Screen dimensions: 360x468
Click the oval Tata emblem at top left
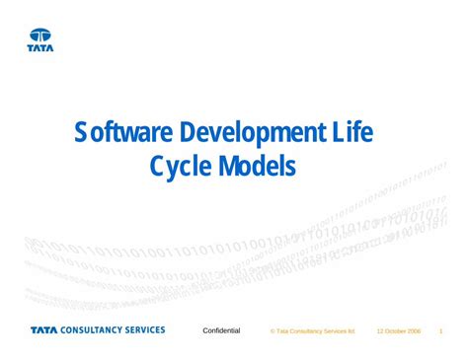(x=40, y=35)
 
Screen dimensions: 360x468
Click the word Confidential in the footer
(x=221, y=330)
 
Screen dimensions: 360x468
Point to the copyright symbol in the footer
(x=273, y=331)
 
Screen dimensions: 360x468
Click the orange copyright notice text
(x=315, y=331)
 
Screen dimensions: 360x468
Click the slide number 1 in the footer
(x=441, y=331)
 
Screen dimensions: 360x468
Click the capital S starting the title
(x=82, y=131)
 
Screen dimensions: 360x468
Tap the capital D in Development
(x=188, y=131)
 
